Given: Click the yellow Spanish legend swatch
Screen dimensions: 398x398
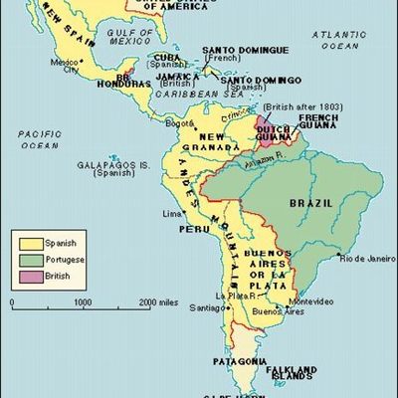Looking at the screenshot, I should click(x=22, y=240).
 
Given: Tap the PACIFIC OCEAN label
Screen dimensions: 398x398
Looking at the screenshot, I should click(x=37, y=139).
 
